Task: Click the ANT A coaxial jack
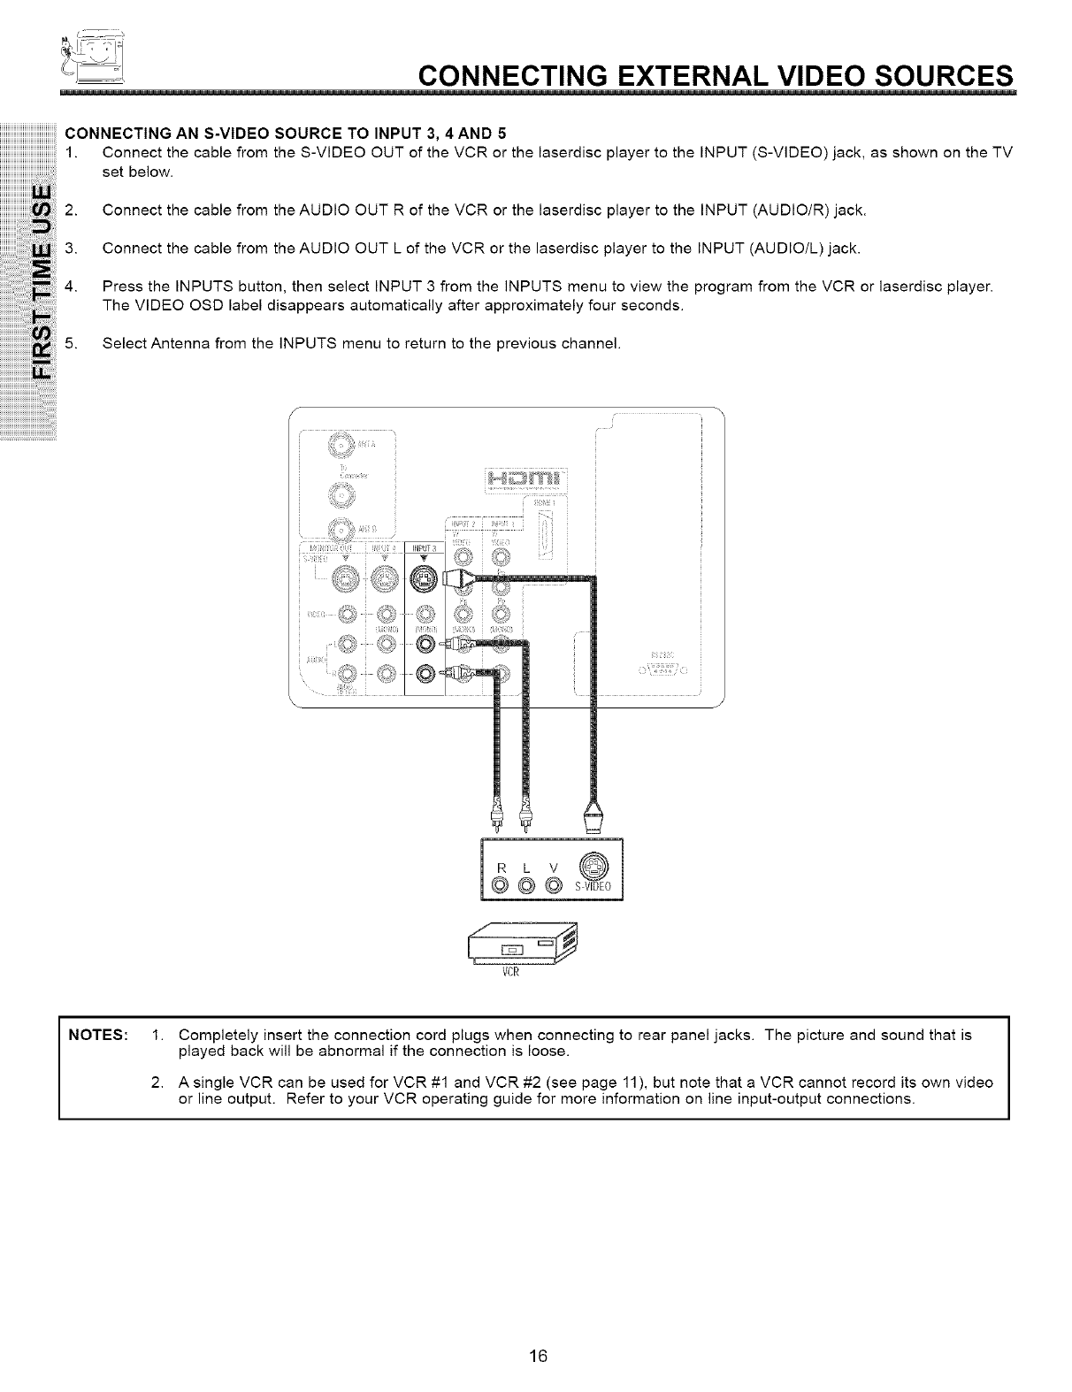click(340, 444)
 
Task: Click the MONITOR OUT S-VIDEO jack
click(342, 579)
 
